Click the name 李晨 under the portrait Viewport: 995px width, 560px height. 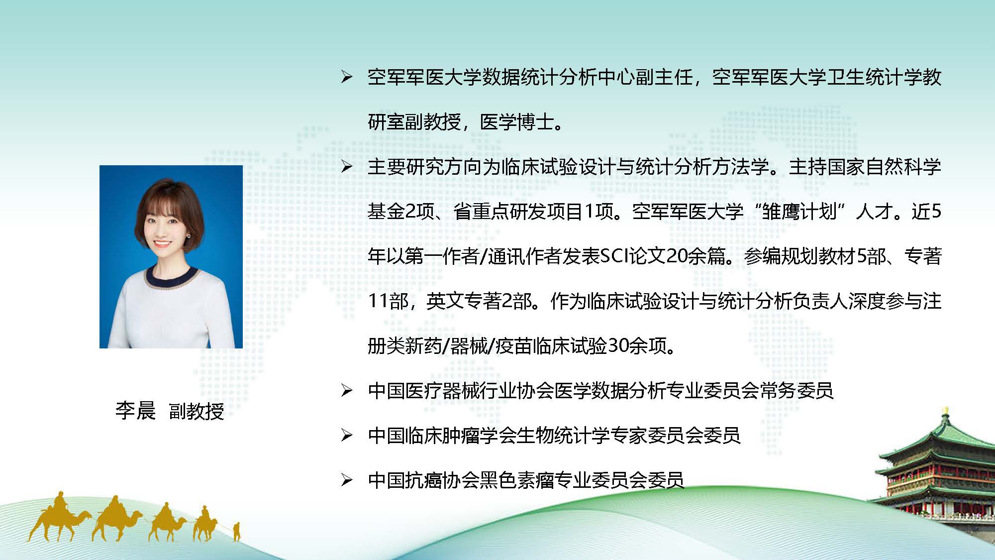coord(135,411)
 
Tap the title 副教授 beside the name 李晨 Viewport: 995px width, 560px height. coord(197,411)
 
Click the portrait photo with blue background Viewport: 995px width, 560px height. coord(171,256)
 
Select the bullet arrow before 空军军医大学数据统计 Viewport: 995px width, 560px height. coord(347,77)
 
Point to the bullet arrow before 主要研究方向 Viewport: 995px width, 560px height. coord(347,167)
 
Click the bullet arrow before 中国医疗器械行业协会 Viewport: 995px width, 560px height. coord(347,391)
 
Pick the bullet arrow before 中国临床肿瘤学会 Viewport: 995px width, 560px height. coord(347,436)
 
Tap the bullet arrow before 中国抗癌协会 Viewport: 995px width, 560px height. coord(347,480)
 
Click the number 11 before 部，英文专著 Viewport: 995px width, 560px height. coord(378,301)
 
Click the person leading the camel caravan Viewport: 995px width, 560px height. coord(236,531)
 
